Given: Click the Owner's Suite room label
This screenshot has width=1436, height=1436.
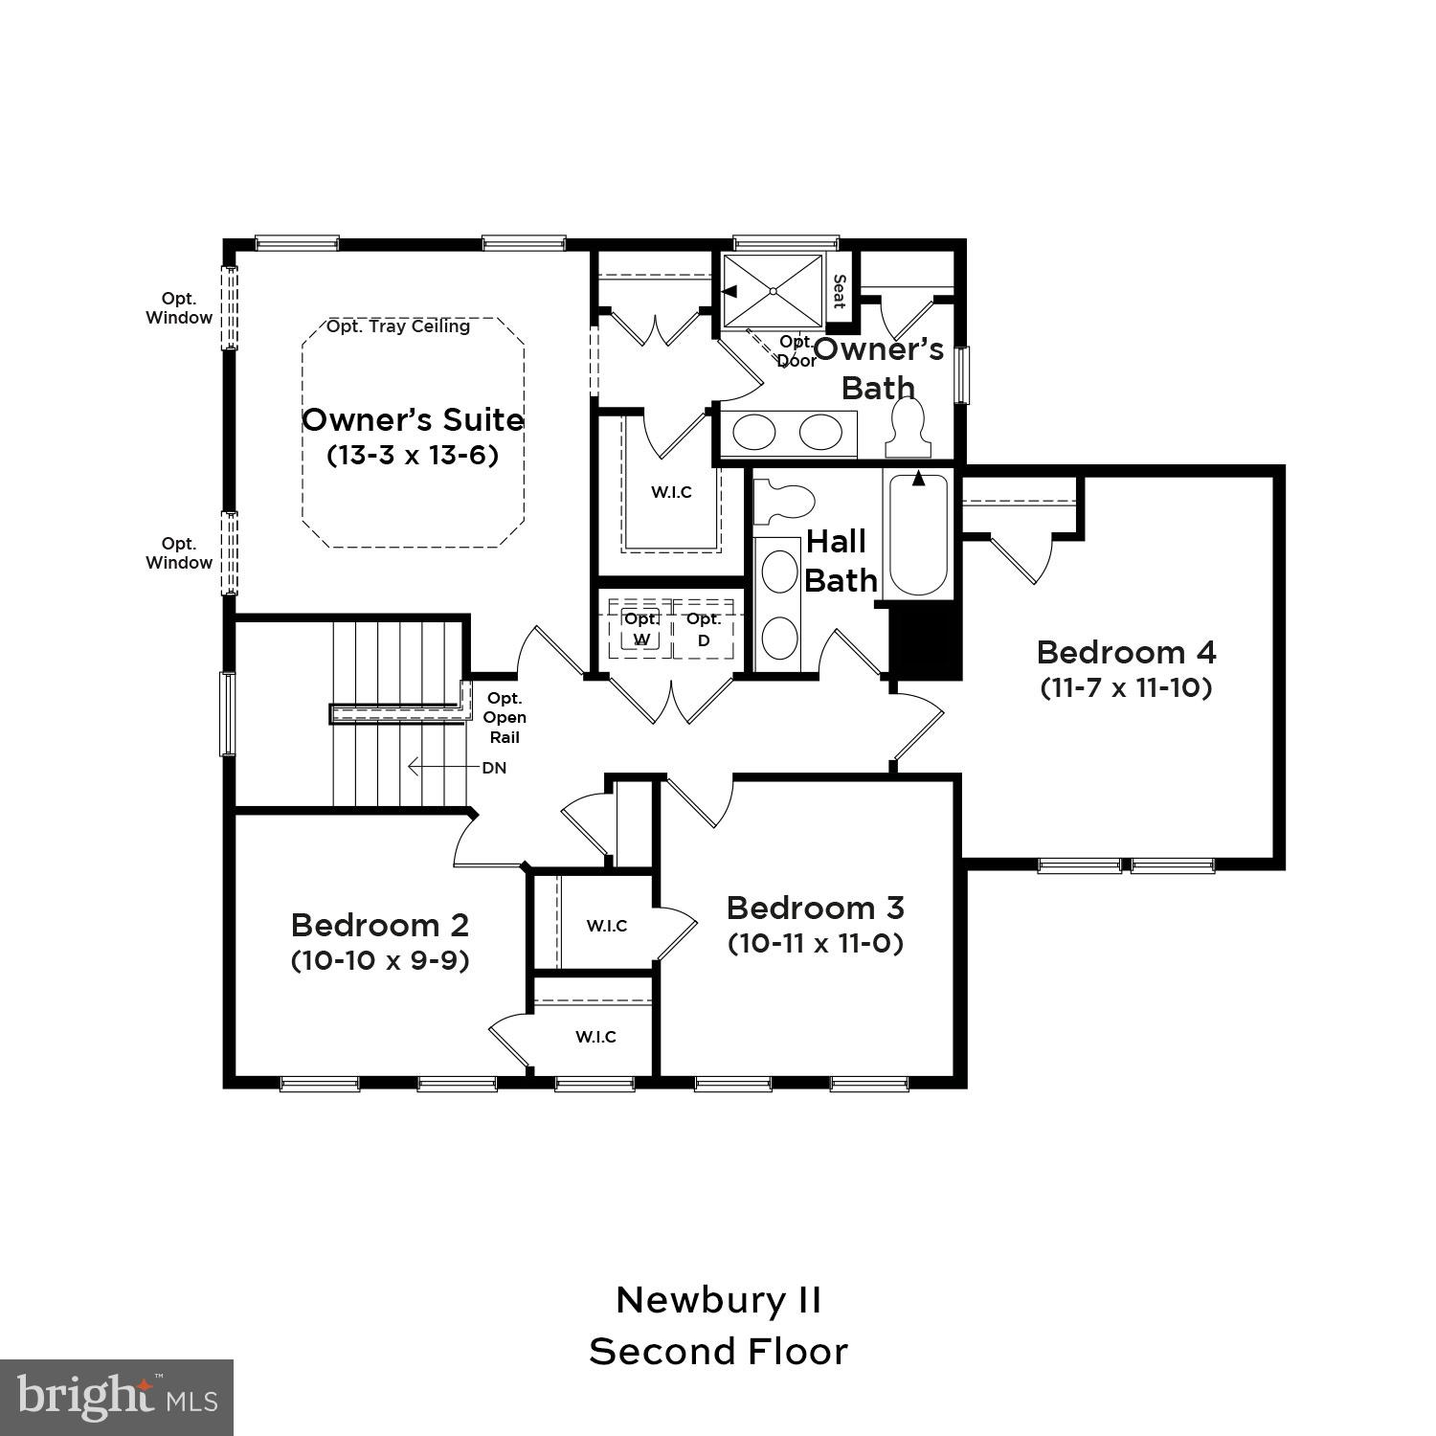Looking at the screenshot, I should tap(413, 419).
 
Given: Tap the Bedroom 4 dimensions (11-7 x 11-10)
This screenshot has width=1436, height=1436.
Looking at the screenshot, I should tap(1126, 687).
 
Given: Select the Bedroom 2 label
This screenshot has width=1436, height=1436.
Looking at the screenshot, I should tap(380, 925).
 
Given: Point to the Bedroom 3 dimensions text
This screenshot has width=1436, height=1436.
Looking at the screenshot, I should tap(815, 943).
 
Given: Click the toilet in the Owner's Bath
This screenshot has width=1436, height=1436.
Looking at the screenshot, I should tap(908, 428).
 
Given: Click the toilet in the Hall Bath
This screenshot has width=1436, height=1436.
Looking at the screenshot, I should tap(782, 502).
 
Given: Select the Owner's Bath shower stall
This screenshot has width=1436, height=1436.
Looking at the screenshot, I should tap(773, 290).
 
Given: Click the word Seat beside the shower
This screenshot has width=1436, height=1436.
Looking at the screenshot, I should tap(839, 291).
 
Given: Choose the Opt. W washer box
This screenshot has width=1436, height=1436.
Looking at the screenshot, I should tap(641, 630).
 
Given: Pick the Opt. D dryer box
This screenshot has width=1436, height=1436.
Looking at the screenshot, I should tap(704, 630).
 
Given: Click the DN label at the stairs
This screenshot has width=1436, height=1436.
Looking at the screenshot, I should tap(494, 768).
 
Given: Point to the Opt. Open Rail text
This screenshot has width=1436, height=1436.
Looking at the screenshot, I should tap(505, 718).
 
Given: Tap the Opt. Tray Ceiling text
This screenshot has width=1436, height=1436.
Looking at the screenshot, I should tap(398, 326).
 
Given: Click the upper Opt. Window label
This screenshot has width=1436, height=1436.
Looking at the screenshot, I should tap(179, 308).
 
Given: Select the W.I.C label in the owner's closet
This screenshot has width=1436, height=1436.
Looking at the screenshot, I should tap(671, 492).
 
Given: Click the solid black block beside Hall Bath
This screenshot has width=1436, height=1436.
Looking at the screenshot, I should tap(925, 640).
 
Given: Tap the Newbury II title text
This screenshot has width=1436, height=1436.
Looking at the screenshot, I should tap(718, 1300).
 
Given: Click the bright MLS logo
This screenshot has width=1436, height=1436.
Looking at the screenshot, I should tap(117, 1398).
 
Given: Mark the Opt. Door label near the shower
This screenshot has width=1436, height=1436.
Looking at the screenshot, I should tap(797, 351).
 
